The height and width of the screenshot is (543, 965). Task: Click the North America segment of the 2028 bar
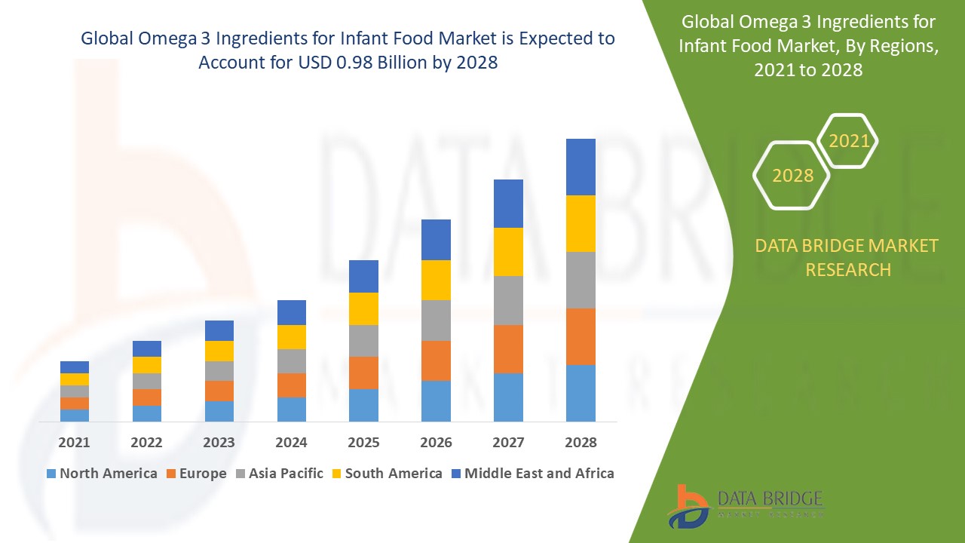pyautogui.click(x=581, y=393)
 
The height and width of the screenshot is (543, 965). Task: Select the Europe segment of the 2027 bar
pyautogui.click(x=508, y=348)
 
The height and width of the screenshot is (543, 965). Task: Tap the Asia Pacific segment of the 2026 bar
pyautogui.click(x=436, y=321)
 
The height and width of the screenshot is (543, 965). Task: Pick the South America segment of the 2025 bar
pyautogui.click(x=363, y=308)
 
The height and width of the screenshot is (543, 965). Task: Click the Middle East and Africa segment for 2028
pyautogui.click(x=581, y=167)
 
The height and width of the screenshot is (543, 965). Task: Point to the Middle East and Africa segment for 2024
pyautogui.click(x=292, y=312)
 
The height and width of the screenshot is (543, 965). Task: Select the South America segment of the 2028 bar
pyautogui.click(x=581, y=223)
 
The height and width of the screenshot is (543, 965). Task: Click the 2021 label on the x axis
pyautogui.click(x=75, y=443)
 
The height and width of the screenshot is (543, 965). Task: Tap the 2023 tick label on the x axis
pyautogui.click(x=219, y=443)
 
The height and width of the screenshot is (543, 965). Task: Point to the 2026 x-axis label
pyautogui.click(x=436, y=443)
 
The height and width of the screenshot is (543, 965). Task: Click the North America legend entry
pyautogui.click(x=102, y=474)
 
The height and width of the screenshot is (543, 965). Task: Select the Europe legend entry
pyautogui.click(x=195, y=474)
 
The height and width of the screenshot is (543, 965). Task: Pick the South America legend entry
pyautogui.click(x=386, y=474)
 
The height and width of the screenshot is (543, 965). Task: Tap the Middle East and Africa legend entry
pyautogui.click(x=532, y=474)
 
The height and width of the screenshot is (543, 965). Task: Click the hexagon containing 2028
pyautogui.click(x=792, y=176)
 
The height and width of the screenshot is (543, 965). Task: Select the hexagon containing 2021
pyautogui.click(x=848, y=141)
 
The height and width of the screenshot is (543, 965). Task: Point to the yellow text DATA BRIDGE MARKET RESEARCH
pyautogui.click(x=847, y=257)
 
